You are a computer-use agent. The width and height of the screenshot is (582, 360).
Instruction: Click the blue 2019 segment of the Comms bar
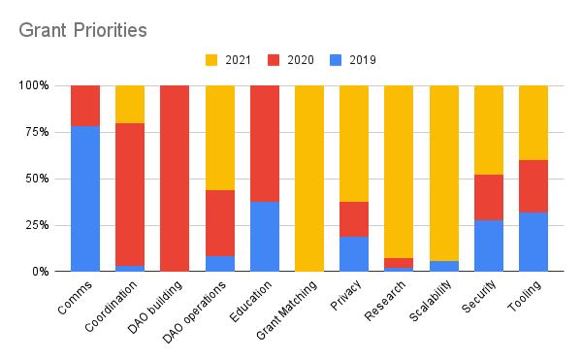(85, 199)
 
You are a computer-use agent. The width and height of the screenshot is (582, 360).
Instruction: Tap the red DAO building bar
(175, 179)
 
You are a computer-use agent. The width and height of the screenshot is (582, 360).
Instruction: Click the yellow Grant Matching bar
(309, 179)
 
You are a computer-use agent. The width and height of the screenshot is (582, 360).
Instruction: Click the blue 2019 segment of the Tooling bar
(533, 242)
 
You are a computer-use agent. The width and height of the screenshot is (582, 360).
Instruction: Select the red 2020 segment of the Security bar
(489, 197)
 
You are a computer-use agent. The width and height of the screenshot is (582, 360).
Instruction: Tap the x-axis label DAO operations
(206, 308)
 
